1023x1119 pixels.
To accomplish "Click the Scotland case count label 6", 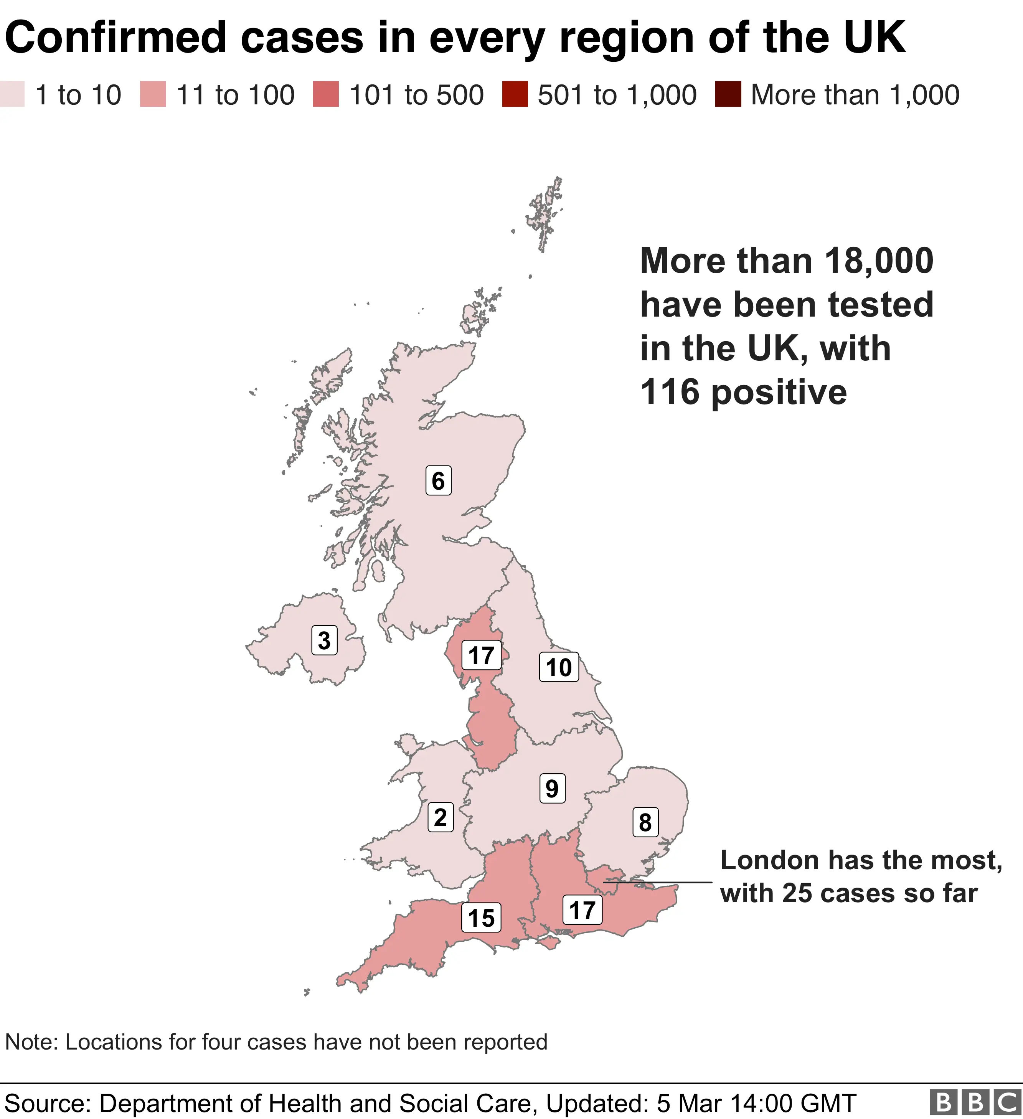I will click(x=438, y=481).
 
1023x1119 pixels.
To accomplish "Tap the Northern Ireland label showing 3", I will click(x=324, y=640).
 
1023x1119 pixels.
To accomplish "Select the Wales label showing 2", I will click(x=440, y=818).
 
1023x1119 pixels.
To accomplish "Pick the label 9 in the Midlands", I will click(x=552, y=788).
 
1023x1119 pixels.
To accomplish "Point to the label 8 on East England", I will click(x=645, y=822).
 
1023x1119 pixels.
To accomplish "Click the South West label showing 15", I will click(x=481, y=918).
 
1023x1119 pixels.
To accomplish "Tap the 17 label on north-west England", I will click(x=481, y=655).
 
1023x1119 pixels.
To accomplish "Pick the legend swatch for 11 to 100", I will click(x=153, y=94).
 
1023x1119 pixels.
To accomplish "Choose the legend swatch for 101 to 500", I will click(x=326, y=94).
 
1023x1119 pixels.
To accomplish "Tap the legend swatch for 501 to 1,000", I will click(x=515, y=94).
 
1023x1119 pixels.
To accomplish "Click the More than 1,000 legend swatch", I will click(x=728, y=94).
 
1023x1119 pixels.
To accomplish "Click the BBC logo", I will click(x=975, y=1102).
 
